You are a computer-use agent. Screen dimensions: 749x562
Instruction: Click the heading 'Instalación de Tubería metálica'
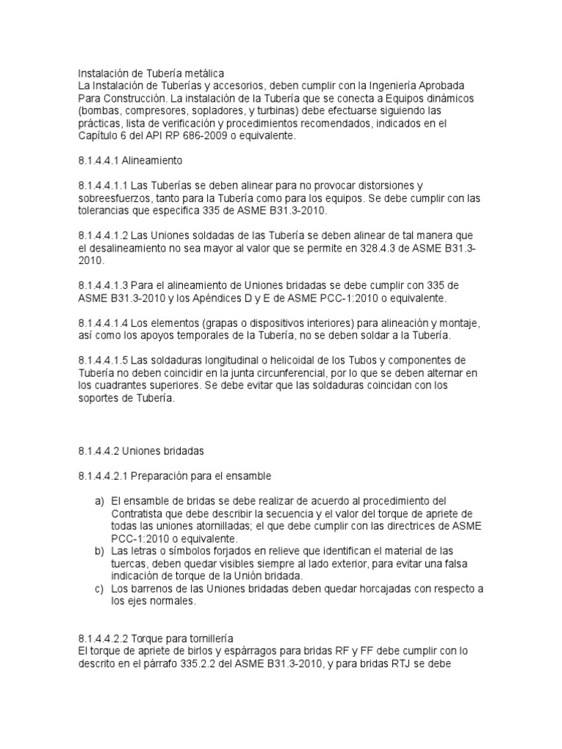[151, 73]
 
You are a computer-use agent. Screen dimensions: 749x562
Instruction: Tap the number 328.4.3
[405, 248]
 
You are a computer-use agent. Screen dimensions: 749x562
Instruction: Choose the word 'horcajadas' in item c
[372, 589]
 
